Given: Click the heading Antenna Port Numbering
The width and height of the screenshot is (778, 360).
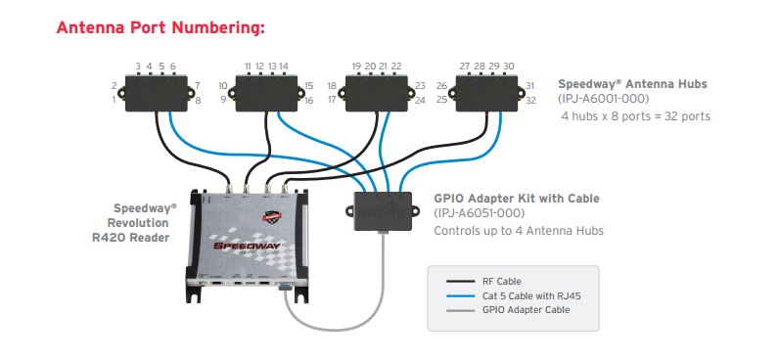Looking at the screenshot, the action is [160, 27].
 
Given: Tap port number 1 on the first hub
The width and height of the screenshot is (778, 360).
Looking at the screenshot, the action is [114, 100].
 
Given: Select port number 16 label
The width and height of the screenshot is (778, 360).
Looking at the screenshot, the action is [309, 100].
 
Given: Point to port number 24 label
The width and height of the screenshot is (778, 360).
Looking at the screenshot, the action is [420, 100].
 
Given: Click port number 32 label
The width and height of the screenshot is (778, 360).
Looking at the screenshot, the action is [530, 100].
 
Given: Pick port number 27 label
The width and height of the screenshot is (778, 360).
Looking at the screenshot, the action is [465, 67].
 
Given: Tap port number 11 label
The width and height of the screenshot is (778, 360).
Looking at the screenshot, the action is [249, 67].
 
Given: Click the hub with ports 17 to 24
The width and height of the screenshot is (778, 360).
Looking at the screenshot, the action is [377, 93].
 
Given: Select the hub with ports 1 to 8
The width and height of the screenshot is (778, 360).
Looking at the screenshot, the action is [157, 93].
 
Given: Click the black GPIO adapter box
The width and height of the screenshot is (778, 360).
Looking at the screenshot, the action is [383, 211].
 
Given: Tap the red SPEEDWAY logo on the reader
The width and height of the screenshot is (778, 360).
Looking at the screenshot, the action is [247, 246].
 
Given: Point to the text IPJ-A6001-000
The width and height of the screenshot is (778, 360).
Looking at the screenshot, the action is [604, 99].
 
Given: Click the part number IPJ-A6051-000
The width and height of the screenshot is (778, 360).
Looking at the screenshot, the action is [480, 213].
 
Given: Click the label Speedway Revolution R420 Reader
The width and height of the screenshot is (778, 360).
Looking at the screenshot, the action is [134, 223].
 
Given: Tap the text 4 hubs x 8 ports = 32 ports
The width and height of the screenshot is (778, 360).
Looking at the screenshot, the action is [635, 116].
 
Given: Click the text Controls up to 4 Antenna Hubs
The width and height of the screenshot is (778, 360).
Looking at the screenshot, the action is [519, 231].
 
